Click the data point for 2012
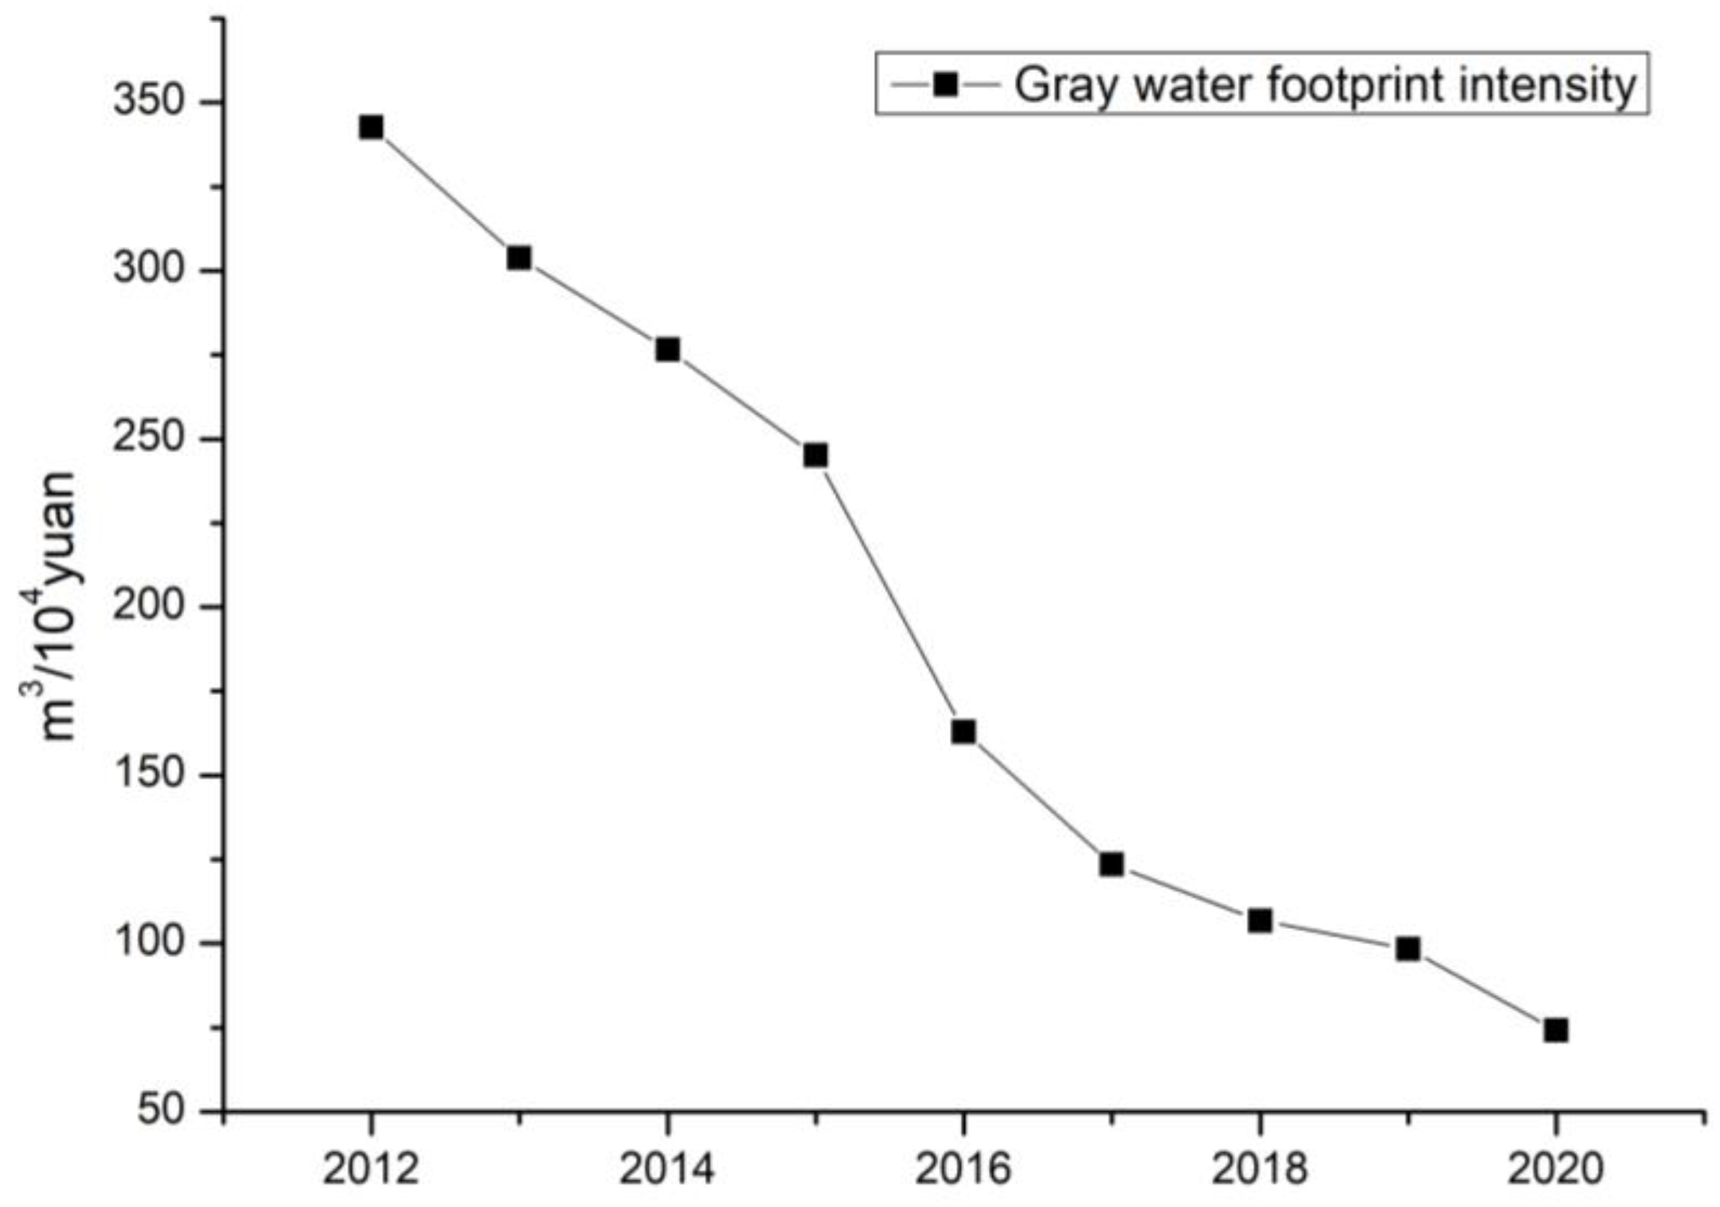(x=371, y=127)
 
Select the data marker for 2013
(x=518, y=258)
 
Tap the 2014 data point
(x=668, y=349)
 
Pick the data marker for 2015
(x=816, y=456)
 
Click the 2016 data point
(x=964, y=731)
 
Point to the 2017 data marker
(x=1112, y=864)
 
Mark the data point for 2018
(x=1260, y=920)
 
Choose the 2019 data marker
(x=1408, y=949)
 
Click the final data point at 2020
(x=1556, y=1030)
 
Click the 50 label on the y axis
(x=161, y=1111)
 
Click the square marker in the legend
(x=946, y=84)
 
